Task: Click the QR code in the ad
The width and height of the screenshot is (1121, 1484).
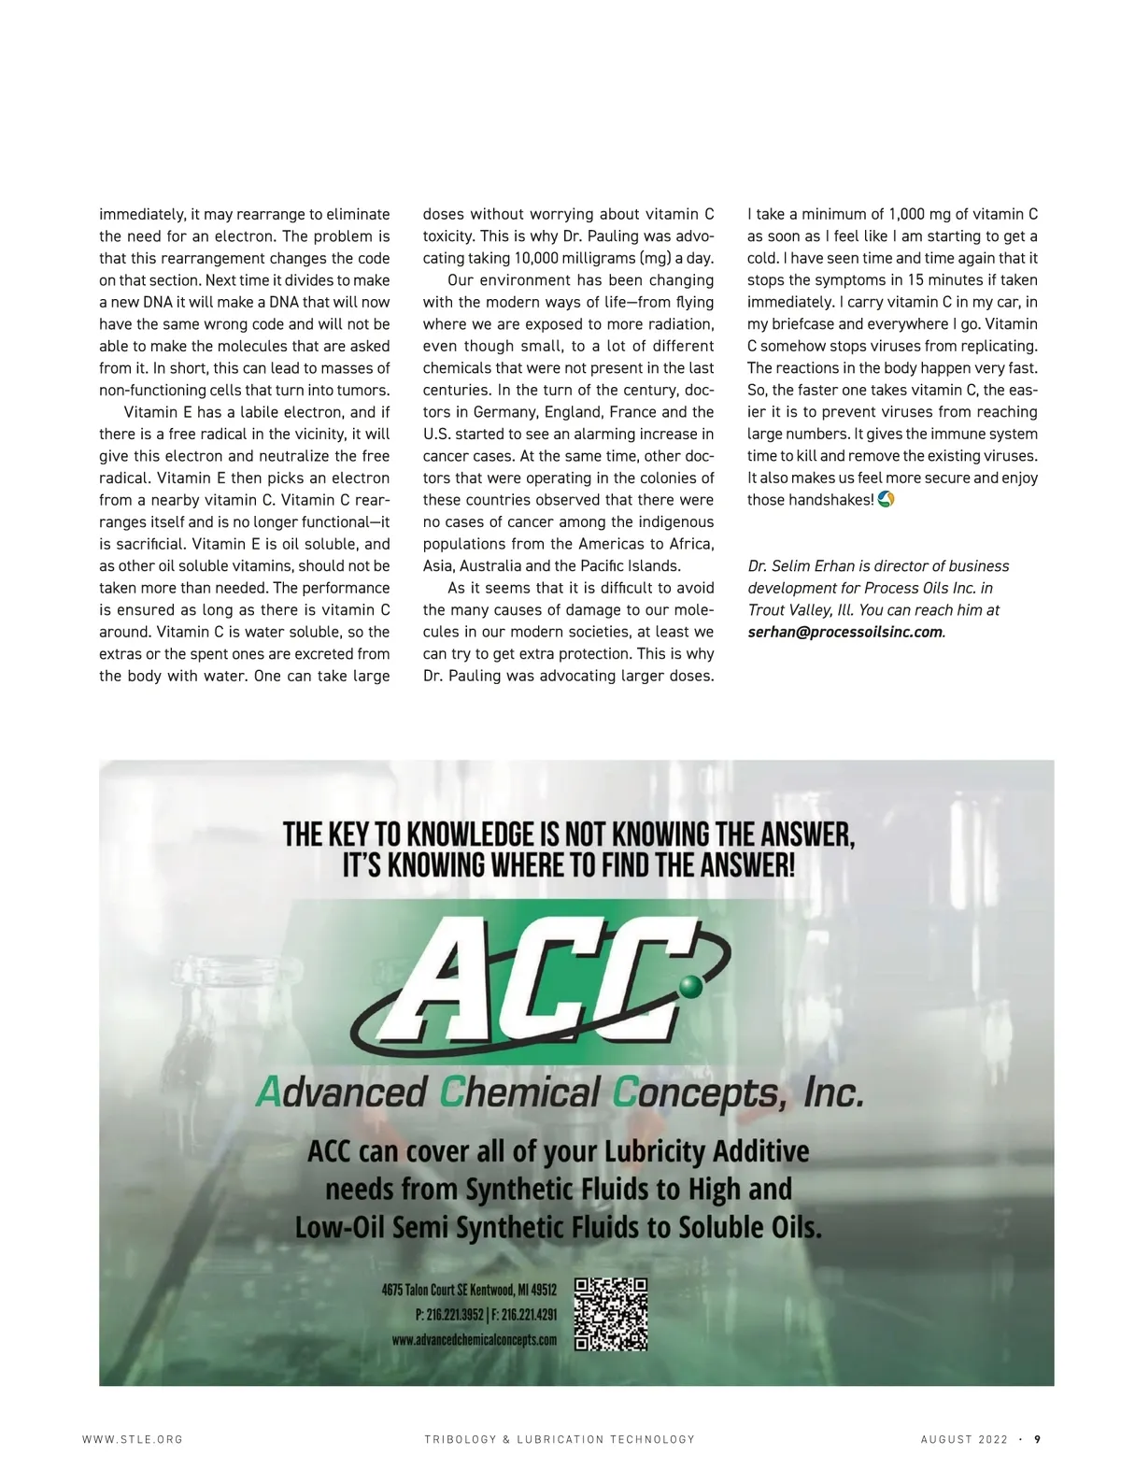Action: (611, 1314)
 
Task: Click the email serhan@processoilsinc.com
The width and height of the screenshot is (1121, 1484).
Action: (844, 633)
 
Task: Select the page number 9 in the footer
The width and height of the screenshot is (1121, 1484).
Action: (1037, 1439)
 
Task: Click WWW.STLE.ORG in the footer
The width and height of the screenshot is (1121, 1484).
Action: (133, 1440)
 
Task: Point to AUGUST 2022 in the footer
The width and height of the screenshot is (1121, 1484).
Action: (964, 1440)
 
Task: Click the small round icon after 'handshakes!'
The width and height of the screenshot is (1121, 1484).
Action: (887, 500)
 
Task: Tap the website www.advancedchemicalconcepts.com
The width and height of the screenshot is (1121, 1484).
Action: (475, 1340)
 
